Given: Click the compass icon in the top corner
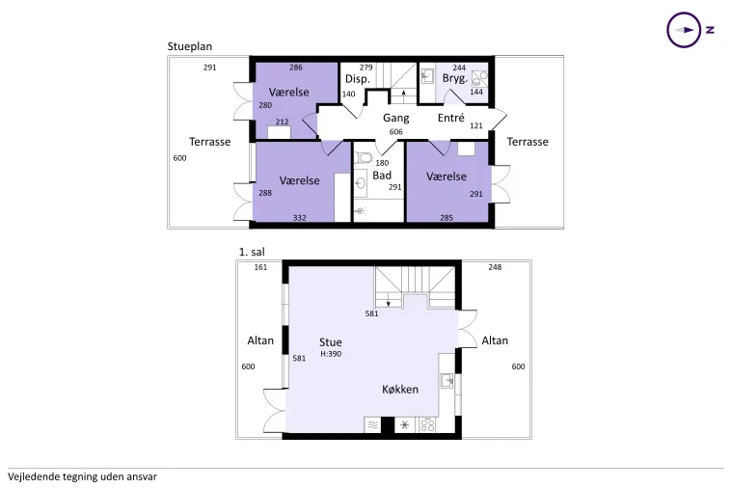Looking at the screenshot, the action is point(684,30).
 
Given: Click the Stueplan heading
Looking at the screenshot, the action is point(190,46).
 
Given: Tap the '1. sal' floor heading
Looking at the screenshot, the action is point(252,252).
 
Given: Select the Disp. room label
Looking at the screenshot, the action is point(358,79).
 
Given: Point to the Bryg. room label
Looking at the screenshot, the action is point(455,79).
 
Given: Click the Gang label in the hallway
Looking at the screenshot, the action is point(396,119).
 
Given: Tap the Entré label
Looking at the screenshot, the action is point(450,118).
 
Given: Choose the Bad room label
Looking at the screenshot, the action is point(382,176).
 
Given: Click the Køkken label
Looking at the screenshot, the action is point(400,390).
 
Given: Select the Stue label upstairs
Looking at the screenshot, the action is point(331,342).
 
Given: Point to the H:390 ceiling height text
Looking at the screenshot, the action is point(331,354).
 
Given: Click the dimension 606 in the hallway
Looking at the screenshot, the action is point(395,132).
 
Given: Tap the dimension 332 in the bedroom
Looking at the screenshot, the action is point(300,218).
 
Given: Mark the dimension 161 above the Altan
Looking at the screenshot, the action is point(260,267).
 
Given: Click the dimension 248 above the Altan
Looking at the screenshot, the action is point(495,267).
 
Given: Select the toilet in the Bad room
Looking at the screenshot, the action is point(364,157).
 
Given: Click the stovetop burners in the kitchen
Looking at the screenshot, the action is point(427,425).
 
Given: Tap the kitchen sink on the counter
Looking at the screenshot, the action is point(447,380).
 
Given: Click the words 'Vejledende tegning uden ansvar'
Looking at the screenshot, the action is point(83,476).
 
